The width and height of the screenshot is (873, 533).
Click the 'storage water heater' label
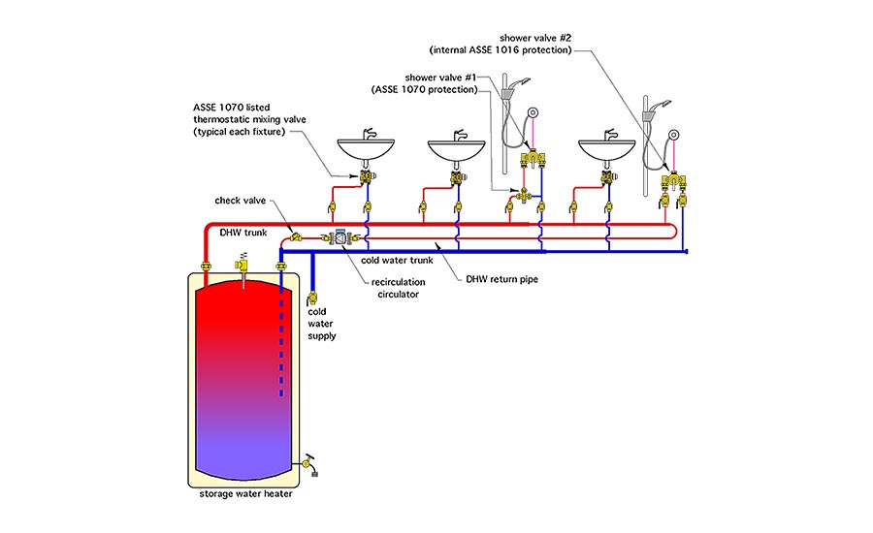coord(245,493)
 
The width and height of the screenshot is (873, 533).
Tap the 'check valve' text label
coord(240,201)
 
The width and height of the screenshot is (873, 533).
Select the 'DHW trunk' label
coord(243,233)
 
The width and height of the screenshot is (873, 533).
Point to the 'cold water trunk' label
coord(397,261)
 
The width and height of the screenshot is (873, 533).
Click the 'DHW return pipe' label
coord(502,279)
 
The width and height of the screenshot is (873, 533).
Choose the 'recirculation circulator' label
coord(398,288)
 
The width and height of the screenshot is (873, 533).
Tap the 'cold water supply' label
coord(322,324)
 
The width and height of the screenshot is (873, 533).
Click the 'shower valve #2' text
coord(535,38)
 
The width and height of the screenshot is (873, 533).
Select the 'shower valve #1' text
coord(440,78)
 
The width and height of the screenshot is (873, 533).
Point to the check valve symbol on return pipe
coord(295,236)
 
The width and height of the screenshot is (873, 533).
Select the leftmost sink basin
coord(366,149)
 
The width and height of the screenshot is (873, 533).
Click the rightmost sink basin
coord(607,149)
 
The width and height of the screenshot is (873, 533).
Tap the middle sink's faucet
coord(460,135)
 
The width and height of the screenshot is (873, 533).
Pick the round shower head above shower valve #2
coord(674,135)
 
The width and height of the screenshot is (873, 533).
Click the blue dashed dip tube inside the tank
coord(281,339)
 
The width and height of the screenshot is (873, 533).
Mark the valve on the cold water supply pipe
coord(312,298)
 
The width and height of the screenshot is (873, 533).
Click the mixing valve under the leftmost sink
coord(367,177)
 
